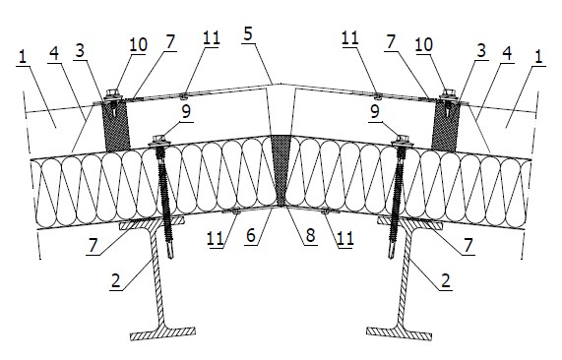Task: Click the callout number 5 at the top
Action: pyautogui.click(x=248, y=34)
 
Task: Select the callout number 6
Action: pyautogui.click(x=251, y=236)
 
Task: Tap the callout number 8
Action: pyautogui.click(x=310, y=235)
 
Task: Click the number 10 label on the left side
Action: pyautogui.click(x=138, y=44)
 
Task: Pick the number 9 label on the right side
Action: pyautogui.click(x=375, y=111)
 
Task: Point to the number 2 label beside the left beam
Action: pyautogui.click(x=116, y=280)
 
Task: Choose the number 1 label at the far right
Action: pyautogui.click(x=538, y=57)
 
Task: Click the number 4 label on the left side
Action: pyautogui.click(x=53, y=53)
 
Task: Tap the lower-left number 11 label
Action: pyautogui.click(x=216, y=238)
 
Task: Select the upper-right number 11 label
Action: pyautogui.click(x=350, y=37)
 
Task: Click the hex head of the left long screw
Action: pyautogui.click(x=158, y=140)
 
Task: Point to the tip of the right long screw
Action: pyautogui.click(x=392, y=256)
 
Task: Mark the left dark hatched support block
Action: pyautogui.click(x=116, y=125)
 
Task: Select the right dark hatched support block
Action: pyautogui.click(x=445, y=126)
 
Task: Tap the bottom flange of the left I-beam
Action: pyautogui.click(x=163, y=333)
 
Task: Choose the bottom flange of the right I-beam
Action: pyautogui.click(x=399, y=332)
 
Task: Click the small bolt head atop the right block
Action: pyautogui.click(x=448, y=93)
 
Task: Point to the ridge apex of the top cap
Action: pyautogui.click(x=281, y=84)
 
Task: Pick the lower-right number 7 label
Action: pyautogui.click(x=468, y=245)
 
